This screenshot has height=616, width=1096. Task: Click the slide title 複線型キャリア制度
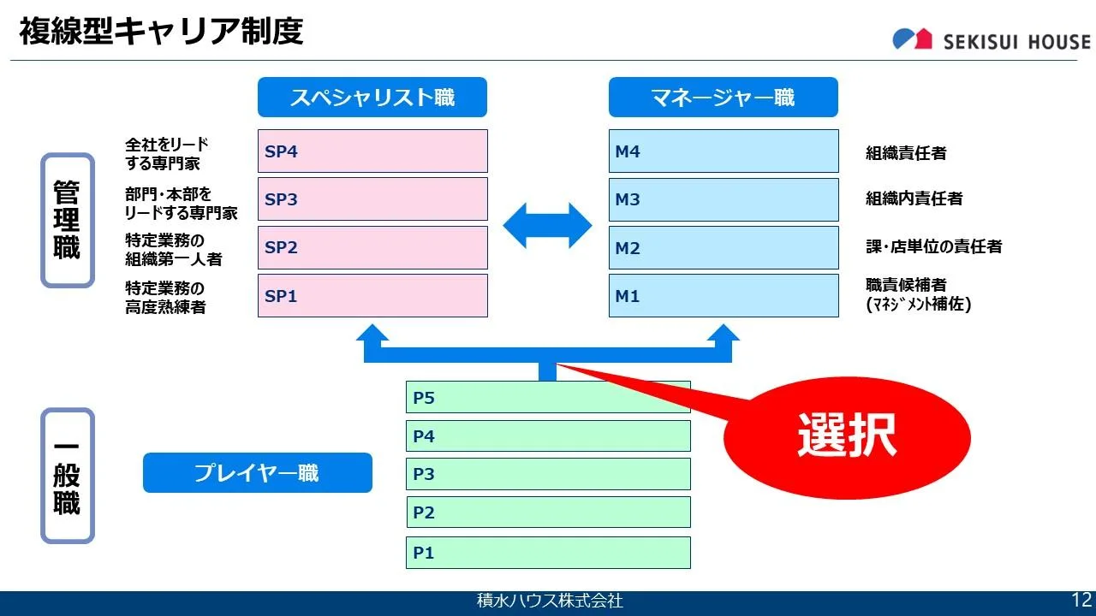click(161, 31)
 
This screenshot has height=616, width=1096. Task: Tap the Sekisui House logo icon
click(912, 38)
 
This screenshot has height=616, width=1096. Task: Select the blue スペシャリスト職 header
click(372, 97)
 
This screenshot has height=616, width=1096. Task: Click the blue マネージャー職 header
click(724, 97)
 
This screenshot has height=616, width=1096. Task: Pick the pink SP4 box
click(372, 151)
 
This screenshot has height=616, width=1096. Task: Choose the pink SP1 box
click(372, 296)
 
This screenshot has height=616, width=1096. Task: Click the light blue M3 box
click(724, 199)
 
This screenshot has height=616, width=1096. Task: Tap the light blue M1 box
click(724, 296)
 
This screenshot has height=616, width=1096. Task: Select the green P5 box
click(548, 397)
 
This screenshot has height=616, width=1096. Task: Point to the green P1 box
click(548, 553)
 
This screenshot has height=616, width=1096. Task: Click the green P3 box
click(548, 474)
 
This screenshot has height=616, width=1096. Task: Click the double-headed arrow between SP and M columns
click(547, 225)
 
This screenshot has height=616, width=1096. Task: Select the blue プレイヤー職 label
click(258, 473)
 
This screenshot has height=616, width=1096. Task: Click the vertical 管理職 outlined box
click(68, 220)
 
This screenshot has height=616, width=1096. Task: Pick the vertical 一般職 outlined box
click(68, 476)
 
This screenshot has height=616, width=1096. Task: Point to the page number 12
click(1081, 600)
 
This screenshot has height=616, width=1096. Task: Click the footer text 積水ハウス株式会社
click(550, 601)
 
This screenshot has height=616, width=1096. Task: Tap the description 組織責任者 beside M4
click(906, 153)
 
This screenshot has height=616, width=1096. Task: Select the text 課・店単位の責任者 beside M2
click(933, 246)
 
